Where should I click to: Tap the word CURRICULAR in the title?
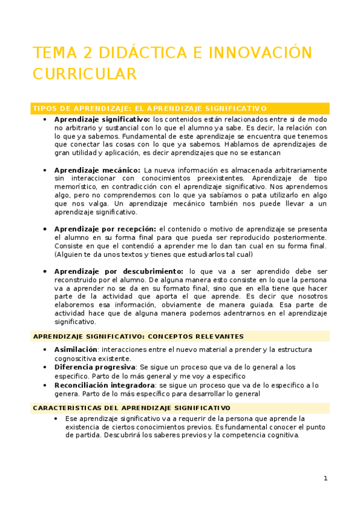(85, 74)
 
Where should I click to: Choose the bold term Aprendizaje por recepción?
(105, 229)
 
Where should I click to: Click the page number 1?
(325, 478)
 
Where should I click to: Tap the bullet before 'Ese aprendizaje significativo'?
(55, 419)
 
